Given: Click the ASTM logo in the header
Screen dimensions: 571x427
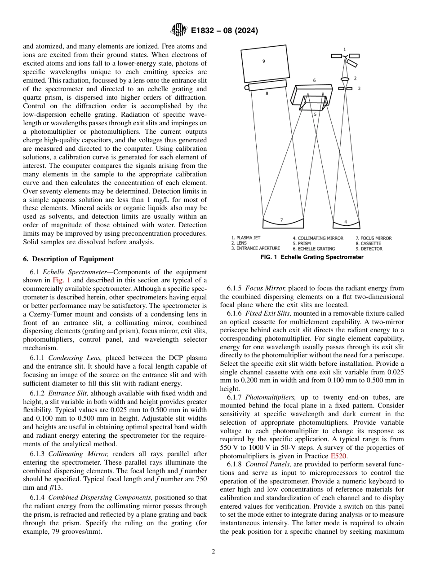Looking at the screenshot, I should [178, 31].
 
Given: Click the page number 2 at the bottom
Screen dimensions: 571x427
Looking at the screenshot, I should [213, 552].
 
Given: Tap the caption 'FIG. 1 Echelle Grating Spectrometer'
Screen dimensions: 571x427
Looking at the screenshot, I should [312, 257].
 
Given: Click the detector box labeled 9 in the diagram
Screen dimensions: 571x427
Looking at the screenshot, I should [265, 65].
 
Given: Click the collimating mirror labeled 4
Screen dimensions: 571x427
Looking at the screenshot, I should [346, 224].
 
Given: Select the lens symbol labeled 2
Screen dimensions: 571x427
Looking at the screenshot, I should [345, 79].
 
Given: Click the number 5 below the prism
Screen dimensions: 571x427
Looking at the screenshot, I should [315, 114].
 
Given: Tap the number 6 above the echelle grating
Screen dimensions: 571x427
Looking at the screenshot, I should [314, 80].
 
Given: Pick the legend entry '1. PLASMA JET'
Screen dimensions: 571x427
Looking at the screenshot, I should [246, 238].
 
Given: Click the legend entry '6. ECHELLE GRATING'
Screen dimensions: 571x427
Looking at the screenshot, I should [314, 248].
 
